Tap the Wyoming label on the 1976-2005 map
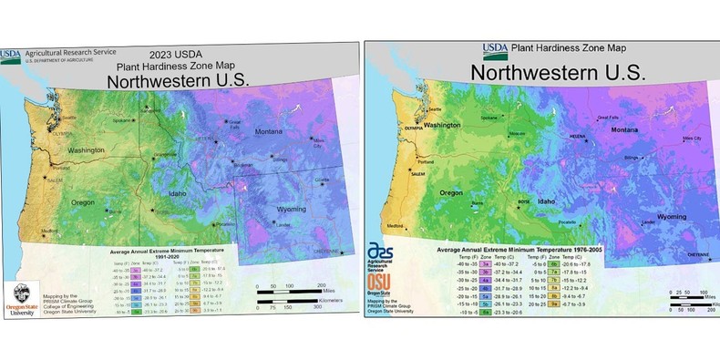[x=672, y=217]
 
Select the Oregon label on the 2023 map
[x=83, y=201]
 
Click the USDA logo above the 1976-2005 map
[x=495, y=48]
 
